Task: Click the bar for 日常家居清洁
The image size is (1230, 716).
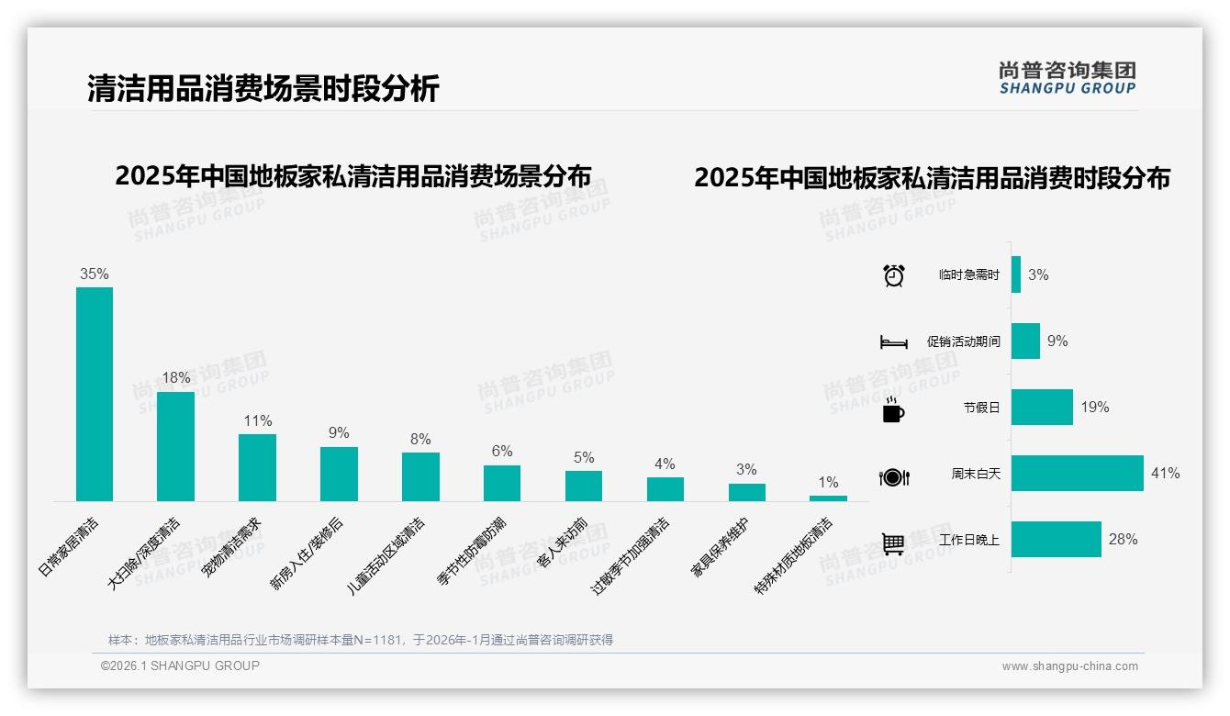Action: coord(95,394)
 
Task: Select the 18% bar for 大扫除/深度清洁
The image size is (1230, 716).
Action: coord(175,446)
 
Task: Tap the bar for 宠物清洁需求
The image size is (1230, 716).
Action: coord(257,467)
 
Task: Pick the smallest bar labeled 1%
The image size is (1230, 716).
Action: coord(828,498)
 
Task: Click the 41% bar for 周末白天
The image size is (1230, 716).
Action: coord(1077,474)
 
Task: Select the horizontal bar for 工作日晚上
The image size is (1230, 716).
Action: coord(1056,540)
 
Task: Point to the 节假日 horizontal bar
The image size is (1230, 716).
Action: coord(1042,408)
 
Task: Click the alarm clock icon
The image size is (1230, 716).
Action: coord(893,275)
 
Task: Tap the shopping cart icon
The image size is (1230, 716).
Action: coord(893,543)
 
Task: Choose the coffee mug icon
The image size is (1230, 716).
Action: coord(893,409)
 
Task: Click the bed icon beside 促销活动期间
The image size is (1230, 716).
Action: coord(893,342)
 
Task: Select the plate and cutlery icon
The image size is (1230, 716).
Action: coord(893,476)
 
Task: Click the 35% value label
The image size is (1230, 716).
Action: coord(95,274)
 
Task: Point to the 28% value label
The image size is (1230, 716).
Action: coord(1123,540)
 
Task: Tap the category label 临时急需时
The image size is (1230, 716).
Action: coord(969,275)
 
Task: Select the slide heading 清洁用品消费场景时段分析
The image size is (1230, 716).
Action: coord(263,88)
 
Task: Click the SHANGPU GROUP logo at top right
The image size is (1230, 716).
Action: coord(1068,78)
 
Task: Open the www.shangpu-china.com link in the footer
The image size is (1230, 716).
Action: coord(1069,666)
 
